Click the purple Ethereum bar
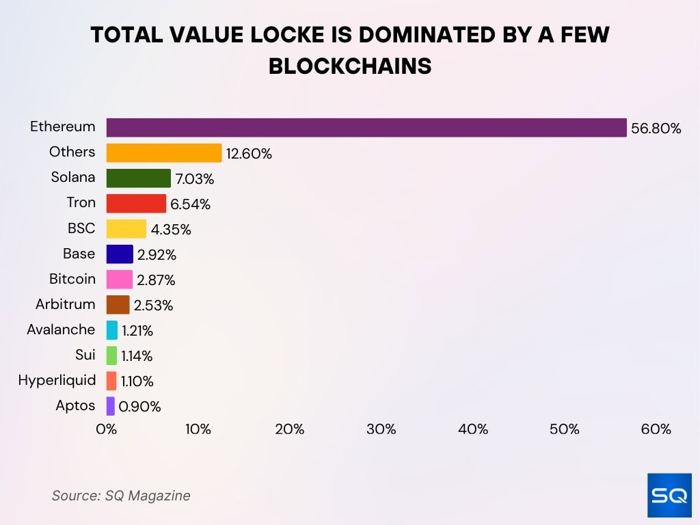[x=366, y=128]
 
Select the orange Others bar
[x=164, y=153]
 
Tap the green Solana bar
[x=139, y=178]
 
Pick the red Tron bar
[x=136, y=204]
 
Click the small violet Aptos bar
[x=111, y=406]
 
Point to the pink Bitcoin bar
[x=120, y=280]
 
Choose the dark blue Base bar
[x=120, y=254]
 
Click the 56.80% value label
[x=656, y=129]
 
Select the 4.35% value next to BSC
[x=171, y=230]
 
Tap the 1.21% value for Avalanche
[x=137, y=331]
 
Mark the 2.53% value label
[x=153, y=306]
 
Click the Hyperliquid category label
[x=57, y=380]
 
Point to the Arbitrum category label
[x=66, y=304]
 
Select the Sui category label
[x=85, y=355]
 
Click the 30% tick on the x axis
[x=381, y=429]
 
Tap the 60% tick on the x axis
[x=656, y=429]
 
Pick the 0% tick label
[x=107, y=429]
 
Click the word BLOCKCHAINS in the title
[x=350, y=66]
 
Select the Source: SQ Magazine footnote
[x=121, y=496]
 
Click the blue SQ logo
[x=669, y=495]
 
